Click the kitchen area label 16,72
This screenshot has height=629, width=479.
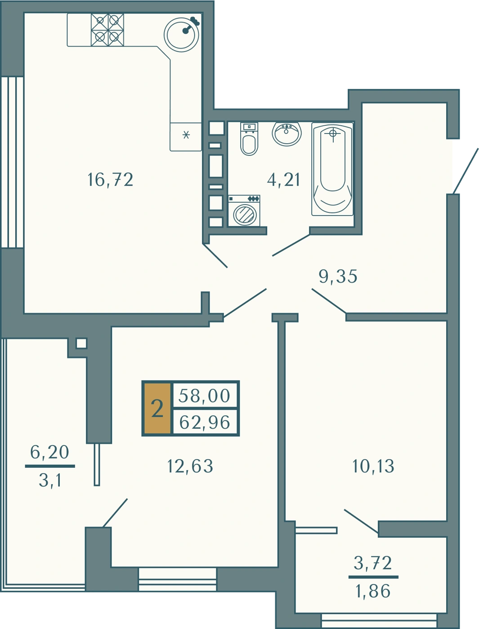pos(111,180)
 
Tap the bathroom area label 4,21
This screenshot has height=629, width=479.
pos(283,180)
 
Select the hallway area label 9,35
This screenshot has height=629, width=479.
pos(338,276)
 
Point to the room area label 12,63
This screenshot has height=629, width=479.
pos(190,466)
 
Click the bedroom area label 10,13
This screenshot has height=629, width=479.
pos(373,466)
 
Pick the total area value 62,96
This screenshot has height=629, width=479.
pos(205,422)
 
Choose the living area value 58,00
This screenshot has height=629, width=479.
pos(205,396)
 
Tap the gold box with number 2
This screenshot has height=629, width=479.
pos(157,409)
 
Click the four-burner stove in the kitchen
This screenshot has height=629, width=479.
pos(107,30)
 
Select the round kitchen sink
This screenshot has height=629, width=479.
pos(181,35)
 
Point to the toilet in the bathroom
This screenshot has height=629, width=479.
pos(249,139)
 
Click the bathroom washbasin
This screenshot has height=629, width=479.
pos(287,133)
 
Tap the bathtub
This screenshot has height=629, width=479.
pos(332,169)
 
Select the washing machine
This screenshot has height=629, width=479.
pos(244,211)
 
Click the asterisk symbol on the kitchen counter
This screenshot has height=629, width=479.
pos(187,135)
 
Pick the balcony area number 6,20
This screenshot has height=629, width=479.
pos(49,452)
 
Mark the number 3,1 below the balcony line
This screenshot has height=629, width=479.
pos(50,480)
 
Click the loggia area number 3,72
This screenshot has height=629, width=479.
pos(373,563)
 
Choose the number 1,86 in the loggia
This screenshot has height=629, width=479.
pos(373,591)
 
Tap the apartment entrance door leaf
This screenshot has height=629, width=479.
pos(466,171)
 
